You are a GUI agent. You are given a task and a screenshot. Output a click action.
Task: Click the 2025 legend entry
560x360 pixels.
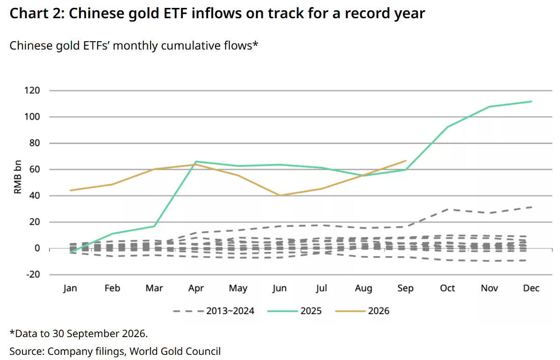(x=294, y=311)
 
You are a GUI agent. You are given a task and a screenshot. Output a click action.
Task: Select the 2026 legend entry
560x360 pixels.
(x=362, y=311)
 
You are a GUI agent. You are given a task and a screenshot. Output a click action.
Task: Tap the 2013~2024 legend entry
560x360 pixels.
(x=214, y=311)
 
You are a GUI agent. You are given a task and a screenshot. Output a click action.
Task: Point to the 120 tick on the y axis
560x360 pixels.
(x=32, y=90)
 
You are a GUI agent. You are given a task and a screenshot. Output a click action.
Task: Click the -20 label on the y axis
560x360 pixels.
(x=33, y=274)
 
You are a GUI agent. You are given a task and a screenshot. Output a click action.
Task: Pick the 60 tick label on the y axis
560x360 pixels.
(x=35, y=169)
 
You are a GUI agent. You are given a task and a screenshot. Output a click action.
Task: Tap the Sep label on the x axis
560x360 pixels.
(x=405, y=288)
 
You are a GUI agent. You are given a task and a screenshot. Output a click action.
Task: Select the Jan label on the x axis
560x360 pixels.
(x=70, y=288)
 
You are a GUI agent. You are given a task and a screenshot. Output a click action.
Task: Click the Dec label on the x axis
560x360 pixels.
(x=531, y=288)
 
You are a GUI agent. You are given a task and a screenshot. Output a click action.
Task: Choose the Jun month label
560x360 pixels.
(x=279, y=288)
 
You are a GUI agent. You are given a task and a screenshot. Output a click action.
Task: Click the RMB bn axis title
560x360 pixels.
(x=17, y=177)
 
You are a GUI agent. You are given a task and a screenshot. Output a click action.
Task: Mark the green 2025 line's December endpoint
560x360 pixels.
(x=531, y=101)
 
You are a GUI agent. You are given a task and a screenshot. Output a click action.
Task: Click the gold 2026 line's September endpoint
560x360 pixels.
(x=406, y=161)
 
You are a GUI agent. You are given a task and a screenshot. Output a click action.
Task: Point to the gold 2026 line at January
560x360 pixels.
(x=71, y=190)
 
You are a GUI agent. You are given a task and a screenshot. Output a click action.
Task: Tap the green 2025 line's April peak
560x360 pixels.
(x=196, y=161)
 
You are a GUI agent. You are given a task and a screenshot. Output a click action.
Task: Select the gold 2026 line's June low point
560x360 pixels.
(x=280, y=196)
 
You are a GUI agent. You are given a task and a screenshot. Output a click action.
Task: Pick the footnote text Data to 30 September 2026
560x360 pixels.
(x=81, y=333)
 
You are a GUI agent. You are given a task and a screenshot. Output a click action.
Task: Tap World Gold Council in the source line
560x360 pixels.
(x=175, y=352)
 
